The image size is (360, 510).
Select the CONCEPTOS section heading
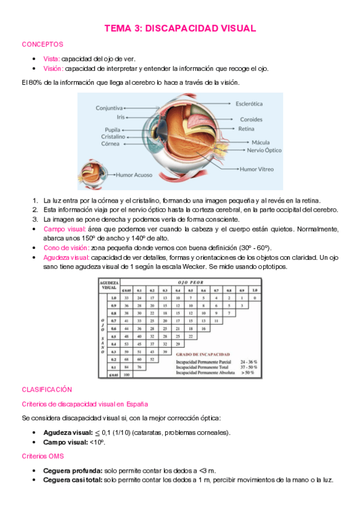[43, 45]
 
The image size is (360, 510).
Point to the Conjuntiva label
[109, 108]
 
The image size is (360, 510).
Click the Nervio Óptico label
[264, 150]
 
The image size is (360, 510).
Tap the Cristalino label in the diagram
[113, 137]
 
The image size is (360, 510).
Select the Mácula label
[260, 142]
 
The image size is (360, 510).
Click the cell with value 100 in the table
[126, 375]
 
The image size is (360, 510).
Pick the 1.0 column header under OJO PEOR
[255, 290]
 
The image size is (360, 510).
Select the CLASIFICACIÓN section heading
[47, 390]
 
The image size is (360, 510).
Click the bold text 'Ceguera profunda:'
[72, 470]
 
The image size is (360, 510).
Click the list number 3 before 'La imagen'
[35, 220]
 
